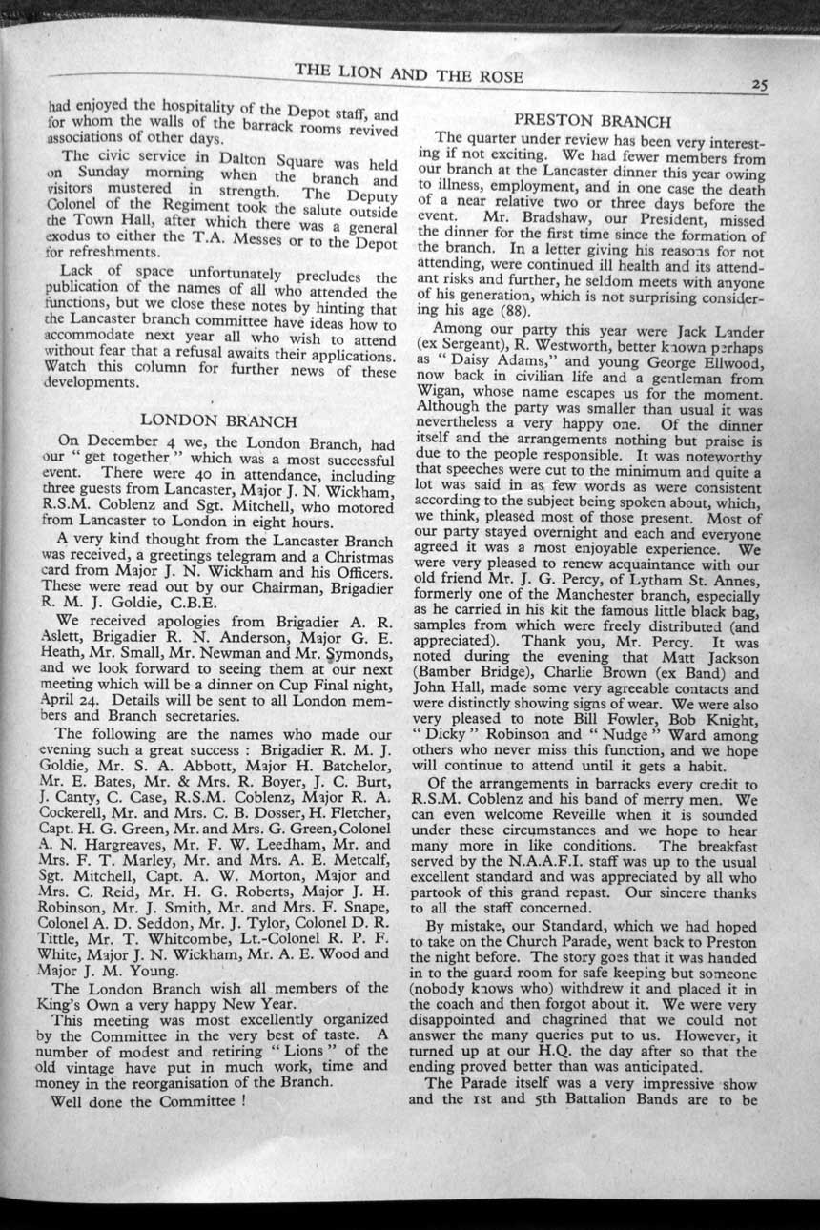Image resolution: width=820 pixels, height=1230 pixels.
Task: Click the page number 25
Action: pos(759,84)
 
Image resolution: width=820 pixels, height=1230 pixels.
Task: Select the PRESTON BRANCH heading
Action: pos(594,121)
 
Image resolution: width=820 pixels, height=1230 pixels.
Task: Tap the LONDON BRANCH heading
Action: pos(218,420)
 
